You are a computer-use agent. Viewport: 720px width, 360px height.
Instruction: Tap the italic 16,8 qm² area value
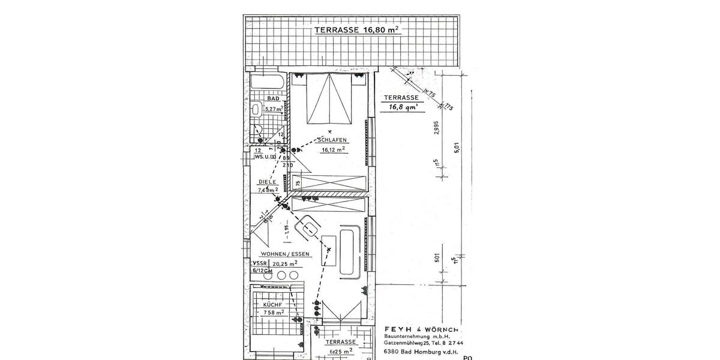click(x=401, y=107)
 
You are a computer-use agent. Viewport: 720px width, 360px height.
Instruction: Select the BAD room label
click(x=273, y=98)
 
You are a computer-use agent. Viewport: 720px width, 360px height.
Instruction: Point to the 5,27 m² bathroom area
click(x=274, y=109)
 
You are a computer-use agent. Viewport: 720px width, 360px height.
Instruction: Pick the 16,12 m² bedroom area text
click(x=333, y=151)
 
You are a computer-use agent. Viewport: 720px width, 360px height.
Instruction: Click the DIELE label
click(x=267, y=181)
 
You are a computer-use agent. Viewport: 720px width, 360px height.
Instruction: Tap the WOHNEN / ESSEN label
click(x=285, y=254)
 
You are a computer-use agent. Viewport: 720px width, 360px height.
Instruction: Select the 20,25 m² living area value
click(x=285, y=263)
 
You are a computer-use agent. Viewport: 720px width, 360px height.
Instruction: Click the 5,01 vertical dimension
click(x=457, y=148)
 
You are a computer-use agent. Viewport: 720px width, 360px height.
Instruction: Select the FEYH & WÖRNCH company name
click(x=421, y=330)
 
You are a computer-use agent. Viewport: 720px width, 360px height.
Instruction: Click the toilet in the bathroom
click(x=256, y=110)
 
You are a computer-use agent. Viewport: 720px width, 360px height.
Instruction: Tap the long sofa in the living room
click(x=348, y=252)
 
